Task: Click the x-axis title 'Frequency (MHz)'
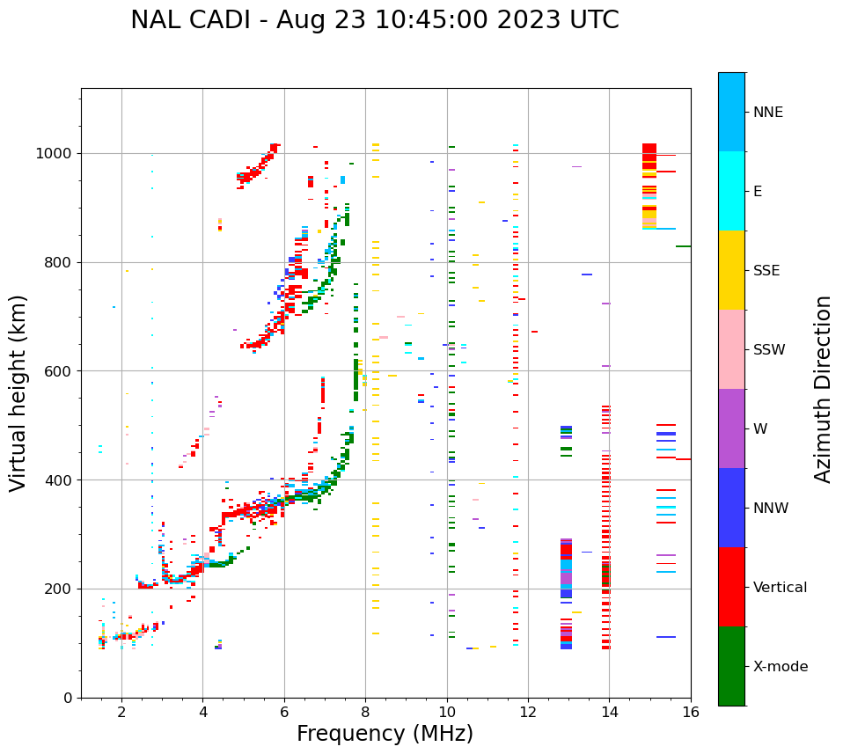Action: tap(385, 734)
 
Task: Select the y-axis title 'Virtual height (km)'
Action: tap(19, 393)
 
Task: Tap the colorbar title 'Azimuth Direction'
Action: tap(823, 389)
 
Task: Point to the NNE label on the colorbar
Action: tap(767, 113)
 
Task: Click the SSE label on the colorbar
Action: tap(766, 271)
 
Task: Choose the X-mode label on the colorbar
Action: tap(780, 667)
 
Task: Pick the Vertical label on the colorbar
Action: tap(780, 588)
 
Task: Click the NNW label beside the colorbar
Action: tap(771, 509)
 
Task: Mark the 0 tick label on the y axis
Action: tap(70, 698)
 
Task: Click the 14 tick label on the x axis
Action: tap(609, 712)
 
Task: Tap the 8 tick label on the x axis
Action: tap(365, 712)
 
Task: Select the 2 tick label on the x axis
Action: tap(121, 712)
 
